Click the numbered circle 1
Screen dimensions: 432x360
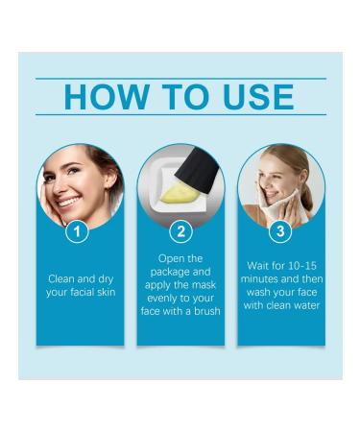pyautogui.click(x=82, y=230)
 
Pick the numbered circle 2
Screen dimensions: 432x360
pyautogui.click(x=180, y=230)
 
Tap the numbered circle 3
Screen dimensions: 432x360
pyautogui.click(x=279, y=230)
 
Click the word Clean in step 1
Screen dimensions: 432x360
pyautogui.click(x=62, y=278)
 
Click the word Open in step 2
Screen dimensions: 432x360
pyautogui.click(x=170, y=258)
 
